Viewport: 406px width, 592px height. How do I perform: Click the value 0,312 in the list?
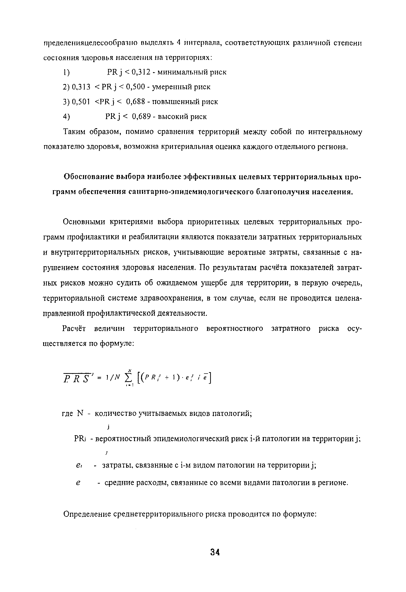pos(139,72)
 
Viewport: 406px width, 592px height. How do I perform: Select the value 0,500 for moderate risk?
pos(136,87)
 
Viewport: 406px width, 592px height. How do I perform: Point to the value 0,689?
pos(141,117)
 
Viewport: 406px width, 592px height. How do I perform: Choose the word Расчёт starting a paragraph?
pos(74,329)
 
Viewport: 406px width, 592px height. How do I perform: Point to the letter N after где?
pos(80,413)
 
